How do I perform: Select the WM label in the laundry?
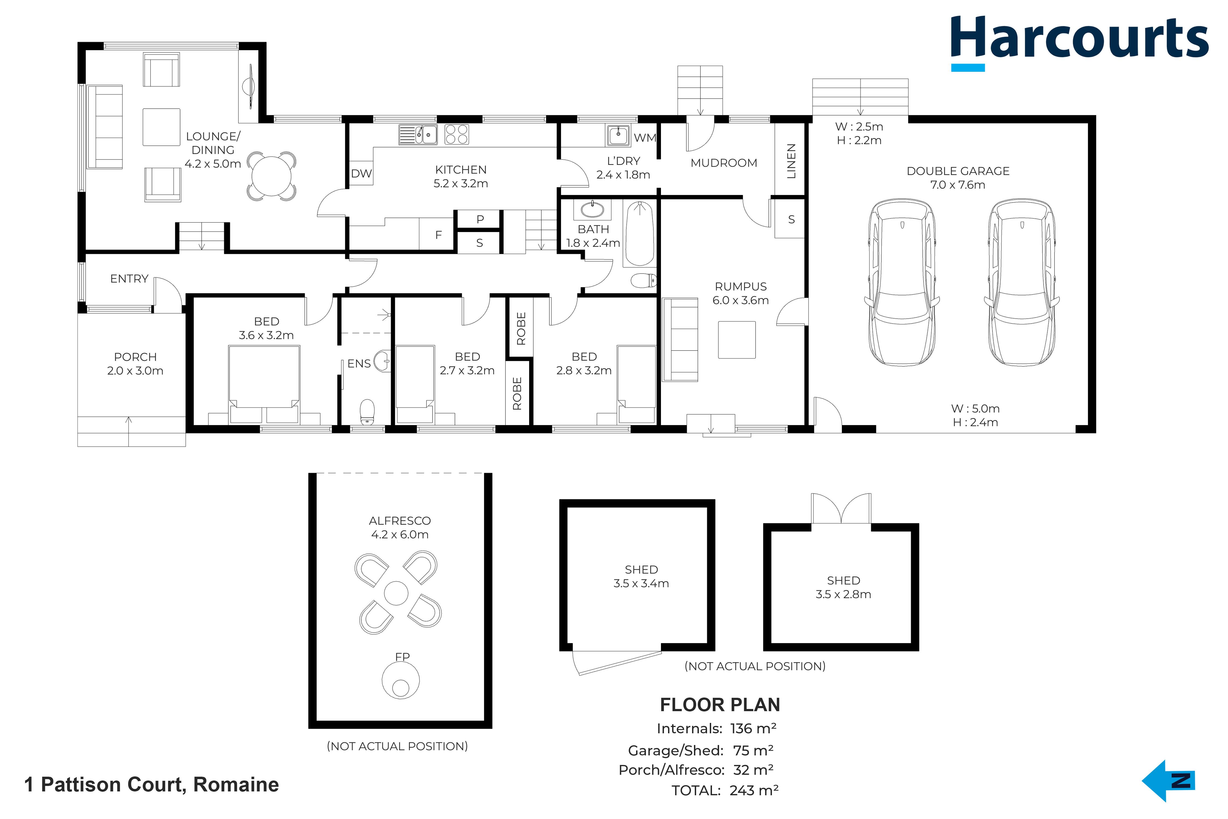(x=645, y=138)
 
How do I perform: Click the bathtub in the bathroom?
(x=640, y=233)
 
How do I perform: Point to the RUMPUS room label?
(x=741, y=287)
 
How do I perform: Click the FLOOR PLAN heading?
(x=720, y=705)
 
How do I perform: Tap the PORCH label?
(x=135, y=357)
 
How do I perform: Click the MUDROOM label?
(x=724, y=163)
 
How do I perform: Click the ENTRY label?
(x=129, y=279)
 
